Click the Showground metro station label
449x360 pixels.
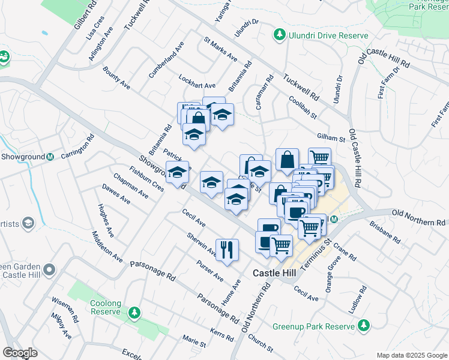23,157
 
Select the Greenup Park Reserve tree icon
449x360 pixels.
363,326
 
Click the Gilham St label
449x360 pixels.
331,138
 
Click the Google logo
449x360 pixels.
20,352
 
